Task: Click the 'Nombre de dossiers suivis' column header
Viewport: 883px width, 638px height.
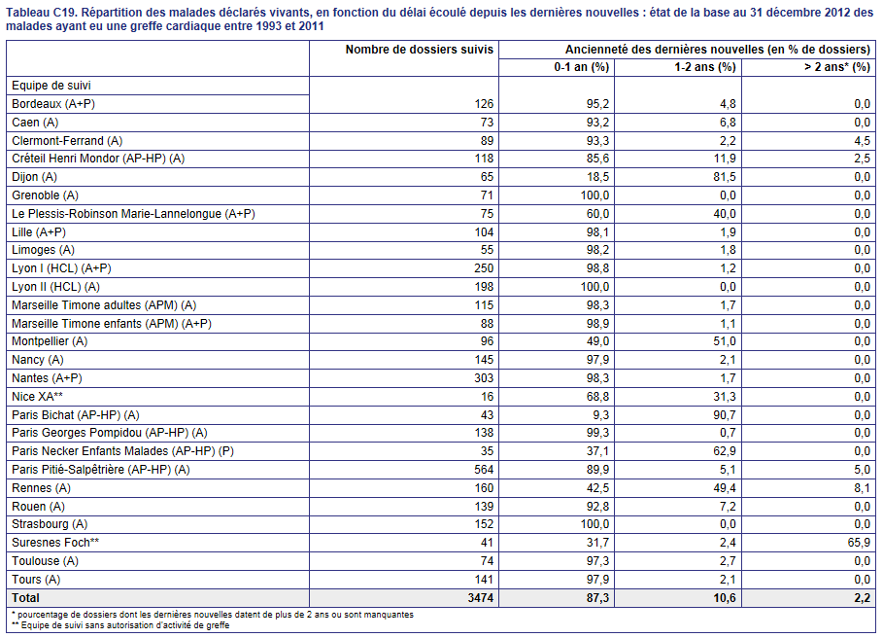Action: click(420, 50)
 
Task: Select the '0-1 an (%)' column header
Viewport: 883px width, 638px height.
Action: click(582, 67)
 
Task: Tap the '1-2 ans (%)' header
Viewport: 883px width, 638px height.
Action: click(705, 67)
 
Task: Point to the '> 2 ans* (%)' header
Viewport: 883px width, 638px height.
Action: click(837, 67)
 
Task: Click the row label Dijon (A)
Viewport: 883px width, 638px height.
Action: click(34, 177)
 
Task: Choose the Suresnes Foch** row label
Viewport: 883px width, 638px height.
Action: click(55, 542)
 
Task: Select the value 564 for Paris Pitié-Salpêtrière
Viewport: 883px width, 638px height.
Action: click(484, 470)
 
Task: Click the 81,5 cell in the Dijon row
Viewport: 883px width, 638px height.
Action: click(725, 177)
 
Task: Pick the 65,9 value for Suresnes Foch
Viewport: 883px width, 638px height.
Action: click(860, 542)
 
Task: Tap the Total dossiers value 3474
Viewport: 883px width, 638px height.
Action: click(481, 598)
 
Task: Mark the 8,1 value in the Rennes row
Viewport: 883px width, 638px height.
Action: click(863, 488)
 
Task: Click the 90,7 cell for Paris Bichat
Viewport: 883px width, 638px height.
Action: click(725, 415)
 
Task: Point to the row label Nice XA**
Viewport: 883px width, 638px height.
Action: click(37, 397)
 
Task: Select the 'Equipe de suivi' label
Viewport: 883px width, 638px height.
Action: click(51, 86)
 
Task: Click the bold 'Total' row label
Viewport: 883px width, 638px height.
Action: click(26, 598)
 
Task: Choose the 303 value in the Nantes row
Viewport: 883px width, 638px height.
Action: click(484, 378)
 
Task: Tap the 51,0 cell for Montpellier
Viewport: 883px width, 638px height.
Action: click(725, 341)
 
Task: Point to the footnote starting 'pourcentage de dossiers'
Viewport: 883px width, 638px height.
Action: click(213, 615)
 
